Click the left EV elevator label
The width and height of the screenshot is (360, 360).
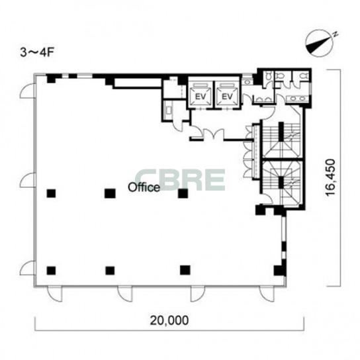[x=201, y=97]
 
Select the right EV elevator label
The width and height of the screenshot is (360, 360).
[x=227, y=97]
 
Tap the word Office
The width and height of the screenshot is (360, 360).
[x=144, y=187]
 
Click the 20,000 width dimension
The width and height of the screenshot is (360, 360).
[x=169, y=320]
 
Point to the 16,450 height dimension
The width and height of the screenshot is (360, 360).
[x=331, y=177]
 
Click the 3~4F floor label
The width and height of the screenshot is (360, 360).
[x=37, y=52]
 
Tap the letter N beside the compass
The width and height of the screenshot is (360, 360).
[x=336, y=34]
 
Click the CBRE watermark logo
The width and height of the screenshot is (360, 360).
[x=180, y=180]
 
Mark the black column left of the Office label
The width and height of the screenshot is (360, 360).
[x=110, y=193]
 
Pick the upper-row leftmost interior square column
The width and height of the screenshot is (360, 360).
[x=51, y=193]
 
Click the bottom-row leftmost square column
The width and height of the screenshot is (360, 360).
[x=51, y=271]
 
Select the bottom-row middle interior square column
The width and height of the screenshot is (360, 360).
[x=110, y=271]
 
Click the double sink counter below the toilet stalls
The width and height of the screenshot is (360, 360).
[x=298, y=99]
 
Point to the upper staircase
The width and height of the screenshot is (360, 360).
[x=281, y=140]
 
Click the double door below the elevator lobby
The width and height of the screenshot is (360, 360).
[x=214, y=134]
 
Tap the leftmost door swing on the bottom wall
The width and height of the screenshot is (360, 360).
[x=55, y=294]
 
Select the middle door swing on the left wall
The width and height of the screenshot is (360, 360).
[x=28, y=180]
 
